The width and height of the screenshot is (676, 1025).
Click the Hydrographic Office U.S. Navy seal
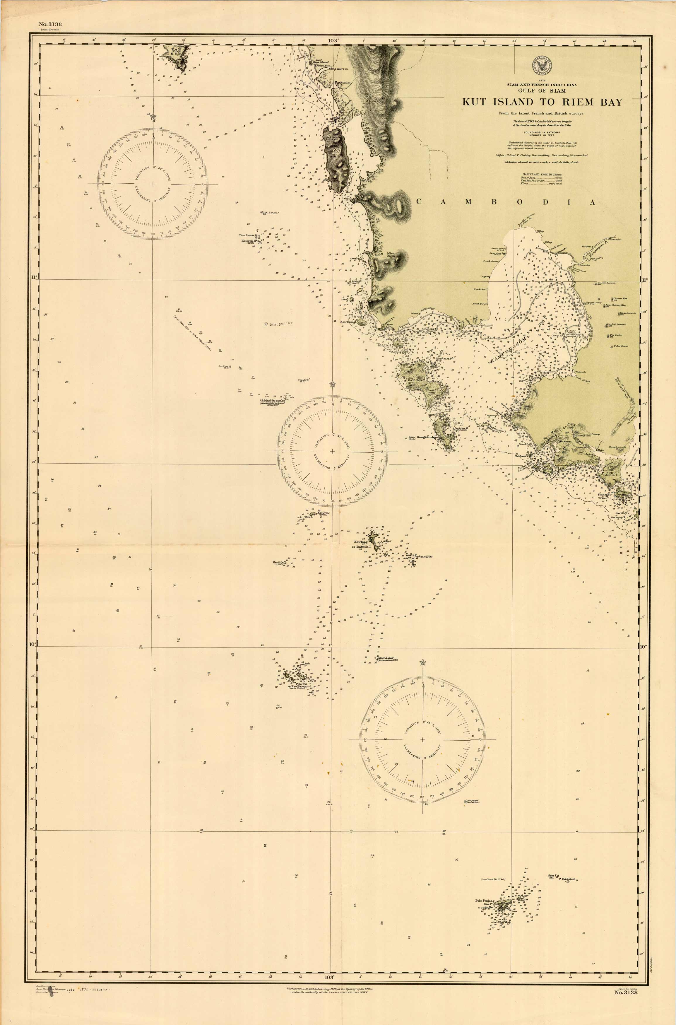tap(542, 66)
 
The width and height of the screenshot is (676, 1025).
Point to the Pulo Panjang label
tap(485, 900)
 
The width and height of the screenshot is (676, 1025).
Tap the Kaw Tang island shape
tap(373, 539)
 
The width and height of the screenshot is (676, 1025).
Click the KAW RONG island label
tap(412, 380)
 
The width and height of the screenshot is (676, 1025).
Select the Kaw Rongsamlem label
tap(423, 437)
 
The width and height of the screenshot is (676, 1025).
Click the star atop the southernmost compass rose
tap(422, 662)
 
